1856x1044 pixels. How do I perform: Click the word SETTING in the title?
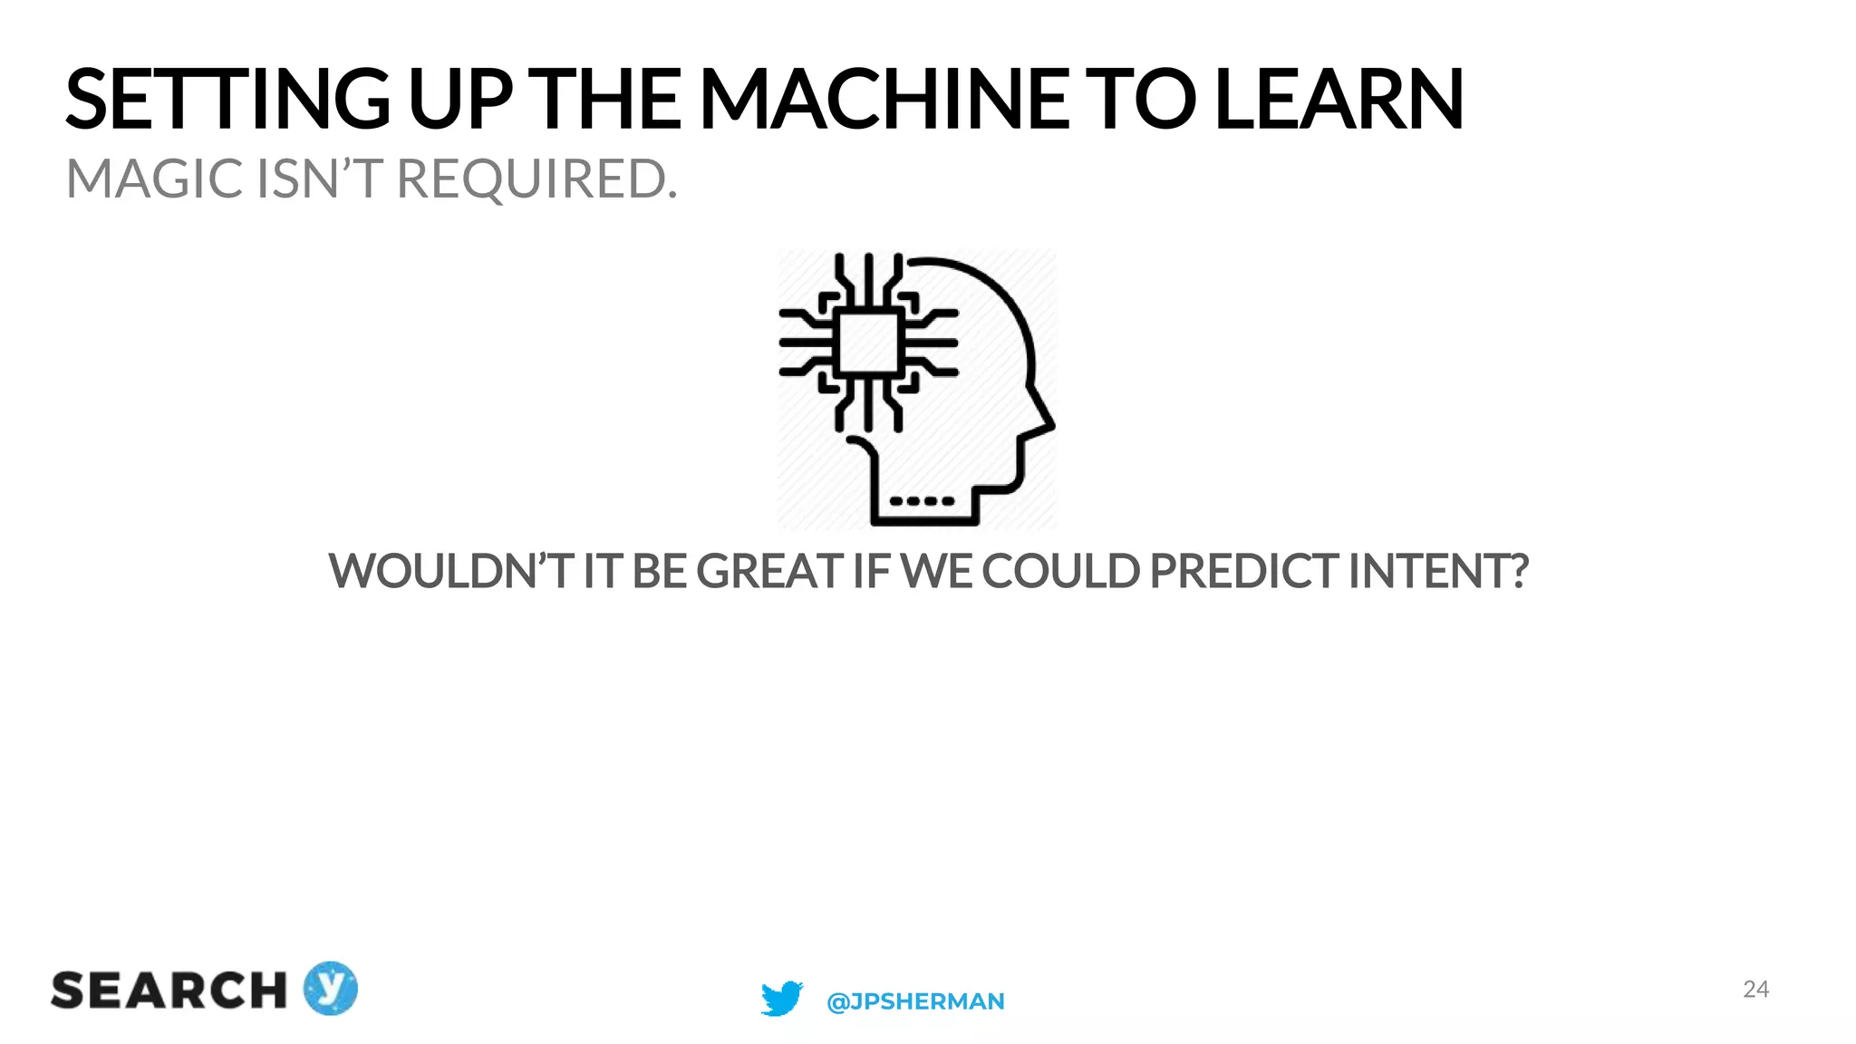(227, 100)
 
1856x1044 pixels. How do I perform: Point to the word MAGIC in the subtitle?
(155, 179)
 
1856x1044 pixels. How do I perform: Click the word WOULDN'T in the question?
(449, 571)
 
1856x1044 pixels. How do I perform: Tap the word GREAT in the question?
(769, 571)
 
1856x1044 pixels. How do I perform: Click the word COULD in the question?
(1061, 571)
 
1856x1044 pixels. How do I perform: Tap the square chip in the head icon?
(868, 343)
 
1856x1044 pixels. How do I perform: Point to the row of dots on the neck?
(922, 500)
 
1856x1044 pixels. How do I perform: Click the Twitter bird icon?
(781, 998)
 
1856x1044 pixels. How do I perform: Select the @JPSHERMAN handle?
(915, 1001)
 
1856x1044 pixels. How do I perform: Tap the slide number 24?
(1755, 989)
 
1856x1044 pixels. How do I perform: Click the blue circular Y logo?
(330, 988)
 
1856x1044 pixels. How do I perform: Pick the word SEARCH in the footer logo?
(169, 991)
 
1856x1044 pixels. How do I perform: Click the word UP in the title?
(460, 100)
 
